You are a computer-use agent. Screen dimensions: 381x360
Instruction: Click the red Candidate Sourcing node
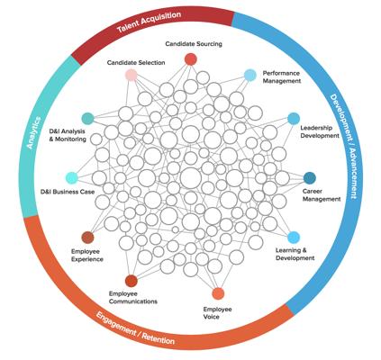tap(190, 59)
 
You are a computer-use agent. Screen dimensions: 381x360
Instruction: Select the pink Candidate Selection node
tap(132, 75)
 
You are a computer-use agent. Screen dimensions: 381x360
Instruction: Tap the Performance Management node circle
tap(250, 76)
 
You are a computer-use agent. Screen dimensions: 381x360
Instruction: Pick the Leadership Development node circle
tap(294, 119)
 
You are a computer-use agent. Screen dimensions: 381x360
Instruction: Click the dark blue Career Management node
tap(309, 178)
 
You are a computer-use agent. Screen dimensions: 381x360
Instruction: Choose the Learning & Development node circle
tap(294, 238)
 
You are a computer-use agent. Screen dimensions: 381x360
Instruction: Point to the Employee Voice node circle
tap(218, 293)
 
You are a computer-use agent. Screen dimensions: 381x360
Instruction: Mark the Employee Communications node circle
tap(132, 281)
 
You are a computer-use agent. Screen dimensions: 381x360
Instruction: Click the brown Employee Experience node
tap(87, 238)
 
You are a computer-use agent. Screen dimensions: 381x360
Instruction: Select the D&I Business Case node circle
tap(72, 178)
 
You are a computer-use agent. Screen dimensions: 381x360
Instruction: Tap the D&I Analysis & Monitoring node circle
tap(87, 119)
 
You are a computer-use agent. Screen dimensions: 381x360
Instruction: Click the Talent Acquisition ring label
tap(150, 22)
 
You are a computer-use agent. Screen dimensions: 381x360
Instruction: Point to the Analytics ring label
tap(33, 132)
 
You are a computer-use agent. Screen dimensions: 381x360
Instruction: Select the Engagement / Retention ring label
tap(135, 328)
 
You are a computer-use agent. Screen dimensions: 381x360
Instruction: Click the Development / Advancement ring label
tap(344, 147)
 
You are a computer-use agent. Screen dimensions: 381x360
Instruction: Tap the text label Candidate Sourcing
tap(194, 44)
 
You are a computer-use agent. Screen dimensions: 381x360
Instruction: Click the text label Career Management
tap(322, 195)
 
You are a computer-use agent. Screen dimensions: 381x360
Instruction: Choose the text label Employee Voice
tap(217, 313)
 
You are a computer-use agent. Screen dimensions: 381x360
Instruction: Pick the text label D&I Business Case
tap(68, 192)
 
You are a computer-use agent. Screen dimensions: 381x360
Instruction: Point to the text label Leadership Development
tap(320, 131)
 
